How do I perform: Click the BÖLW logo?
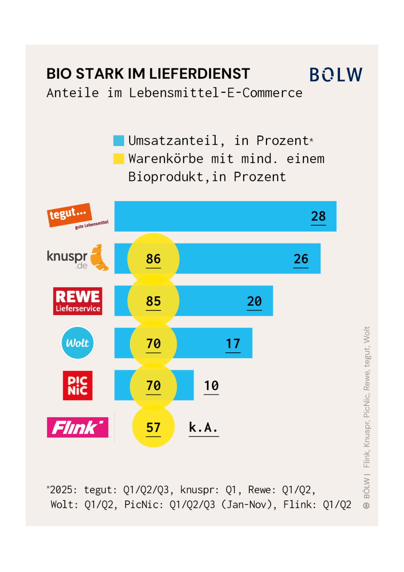(336, 75)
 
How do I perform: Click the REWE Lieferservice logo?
(78, 301)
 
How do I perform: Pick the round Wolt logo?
(77, 343)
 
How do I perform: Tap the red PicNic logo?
(78, 386)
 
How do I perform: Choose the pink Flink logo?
(78, 428)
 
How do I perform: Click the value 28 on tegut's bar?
(318, 216)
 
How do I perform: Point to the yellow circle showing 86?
(153, 259)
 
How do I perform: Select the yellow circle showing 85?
(153, 301)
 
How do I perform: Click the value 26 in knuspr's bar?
(301, 259)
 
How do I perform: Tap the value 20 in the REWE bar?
(254, 301)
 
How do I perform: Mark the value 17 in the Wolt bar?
(233, 343)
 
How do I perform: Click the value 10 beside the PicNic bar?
(211, 386)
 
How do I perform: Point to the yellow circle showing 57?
(153, 428)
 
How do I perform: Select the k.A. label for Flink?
(203, 428)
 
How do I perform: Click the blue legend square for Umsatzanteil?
(119, 141)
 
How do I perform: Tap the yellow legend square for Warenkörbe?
(119, 159)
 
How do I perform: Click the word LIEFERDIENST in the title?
(199, 74)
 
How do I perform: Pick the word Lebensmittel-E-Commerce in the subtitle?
(215, 93)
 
